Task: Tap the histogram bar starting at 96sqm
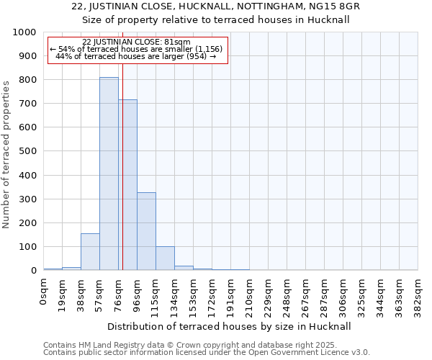(146, 231)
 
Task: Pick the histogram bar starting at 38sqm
(90, 252)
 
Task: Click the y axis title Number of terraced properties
(7, 155)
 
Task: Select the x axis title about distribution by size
(230, 326)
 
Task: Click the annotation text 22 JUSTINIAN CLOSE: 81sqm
(136, 42)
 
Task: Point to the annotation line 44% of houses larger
(136, 56)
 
